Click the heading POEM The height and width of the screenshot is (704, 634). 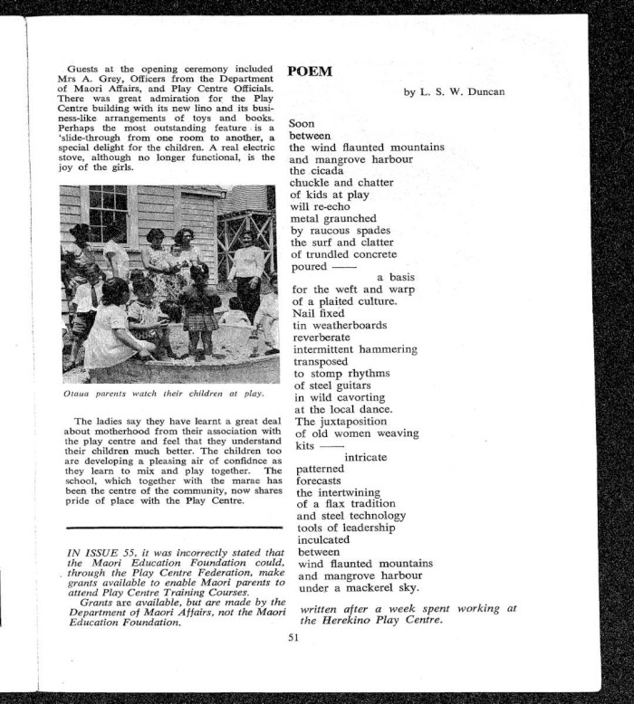(310, 72)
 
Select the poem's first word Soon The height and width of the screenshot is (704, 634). (302, 123)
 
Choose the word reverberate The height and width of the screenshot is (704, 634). (323, 338)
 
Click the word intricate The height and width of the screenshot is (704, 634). (366, 458)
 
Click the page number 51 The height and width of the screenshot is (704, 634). (293, 638)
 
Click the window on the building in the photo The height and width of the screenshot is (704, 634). (108, 214)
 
